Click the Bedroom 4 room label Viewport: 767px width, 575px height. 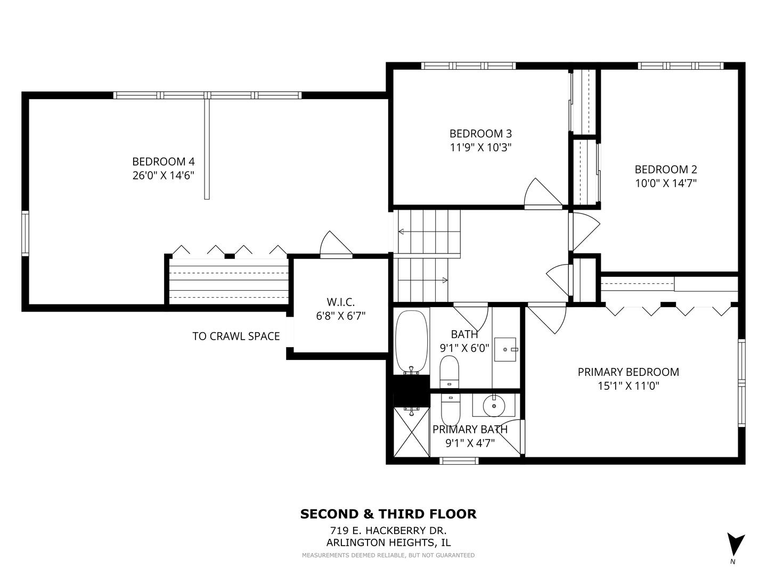click(163, 162)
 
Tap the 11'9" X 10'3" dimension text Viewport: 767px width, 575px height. click(480, 147)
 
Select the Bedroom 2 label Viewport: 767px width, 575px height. click(666, 170)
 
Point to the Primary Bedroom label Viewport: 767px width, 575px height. click(629, 372)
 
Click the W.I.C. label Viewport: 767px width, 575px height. click(341, 302)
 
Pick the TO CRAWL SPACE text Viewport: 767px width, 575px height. click(236, 336)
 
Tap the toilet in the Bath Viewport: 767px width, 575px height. click(449, 372)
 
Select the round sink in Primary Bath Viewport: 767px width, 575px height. click(494, 406)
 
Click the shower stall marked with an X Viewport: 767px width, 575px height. click(412, 432)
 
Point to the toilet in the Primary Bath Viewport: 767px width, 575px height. click(451, 410)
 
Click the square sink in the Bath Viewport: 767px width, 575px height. click(505, 349)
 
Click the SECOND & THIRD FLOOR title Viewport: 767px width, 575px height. click(388, 514)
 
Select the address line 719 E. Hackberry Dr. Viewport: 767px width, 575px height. click(388, 531)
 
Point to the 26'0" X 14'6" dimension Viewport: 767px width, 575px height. click(163, 175)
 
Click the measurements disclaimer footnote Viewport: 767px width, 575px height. click(388, 555)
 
